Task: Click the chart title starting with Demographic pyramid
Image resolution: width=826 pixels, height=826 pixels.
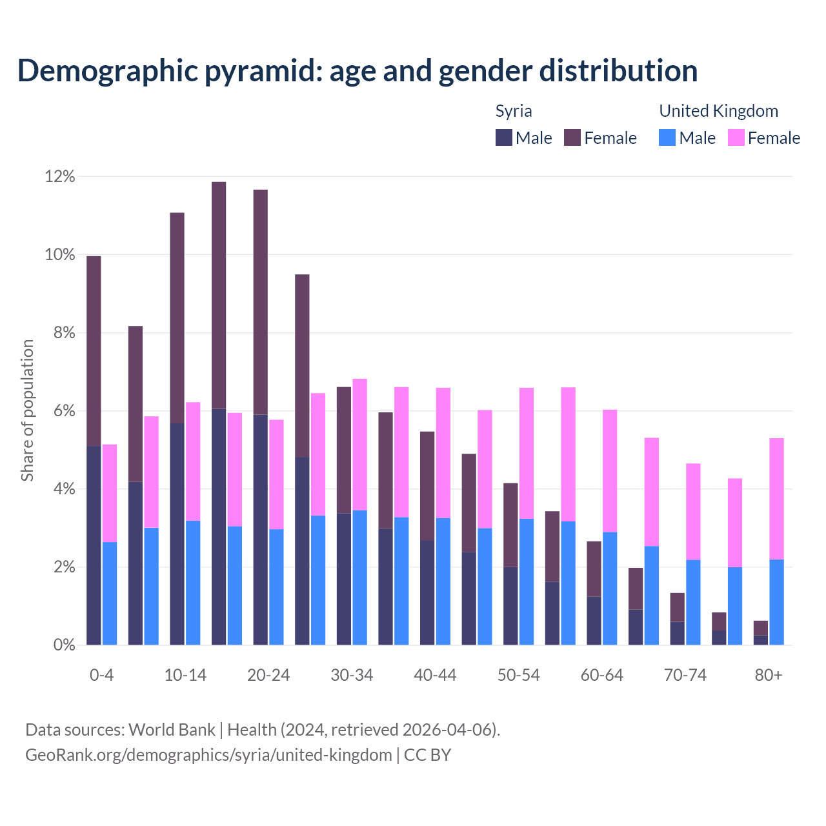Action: point(358,71)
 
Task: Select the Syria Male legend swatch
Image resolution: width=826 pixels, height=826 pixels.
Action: point(503,137)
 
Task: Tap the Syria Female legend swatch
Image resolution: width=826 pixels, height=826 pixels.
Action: point(572,137)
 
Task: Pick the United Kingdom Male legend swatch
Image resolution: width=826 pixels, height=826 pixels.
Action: point(667,137)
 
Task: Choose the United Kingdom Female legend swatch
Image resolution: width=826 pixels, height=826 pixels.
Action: point(736,137)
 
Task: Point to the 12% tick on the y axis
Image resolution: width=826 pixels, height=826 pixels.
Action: point(60,176)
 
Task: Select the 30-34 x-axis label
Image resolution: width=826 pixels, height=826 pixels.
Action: point(352,675)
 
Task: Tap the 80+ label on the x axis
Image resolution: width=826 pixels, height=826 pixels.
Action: point(769,675)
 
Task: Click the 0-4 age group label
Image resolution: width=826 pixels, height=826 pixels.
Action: point(102,675)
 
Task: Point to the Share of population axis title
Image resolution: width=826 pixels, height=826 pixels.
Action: point(27,410)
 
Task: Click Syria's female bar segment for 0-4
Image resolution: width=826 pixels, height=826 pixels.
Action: point(94,351)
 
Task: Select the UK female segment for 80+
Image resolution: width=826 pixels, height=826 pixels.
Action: point(776,498)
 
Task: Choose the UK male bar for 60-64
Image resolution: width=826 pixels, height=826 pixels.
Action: point(610,588)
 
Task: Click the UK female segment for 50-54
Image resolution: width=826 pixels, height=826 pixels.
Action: point(527,453)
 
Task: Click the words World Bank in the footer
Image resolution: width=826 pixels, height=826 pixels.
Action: point(172,730)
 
